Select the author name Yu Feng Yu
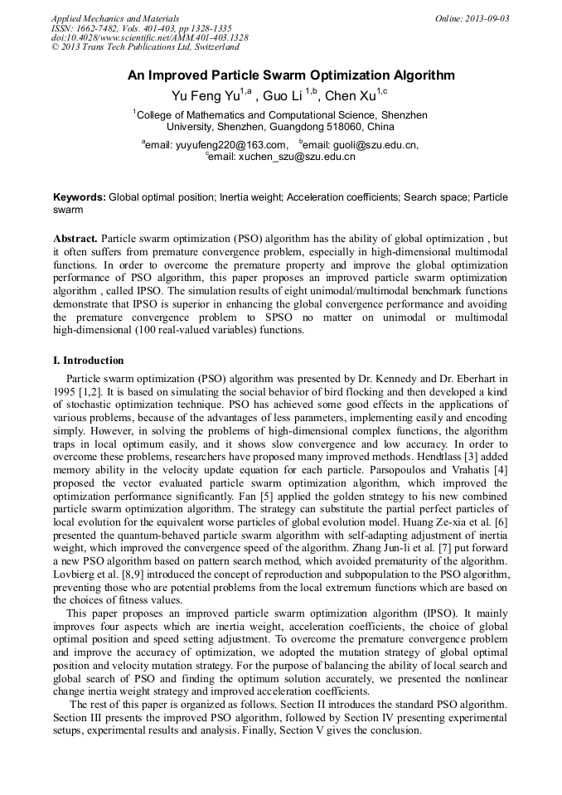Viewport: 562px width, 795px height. coord(205,96)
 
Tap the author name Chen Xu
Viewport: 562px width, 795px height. coord(349,96)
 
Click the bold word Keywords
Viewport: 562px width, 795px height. coord(79,198)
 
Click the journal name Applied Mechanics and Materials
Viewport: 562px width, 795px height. coord(114,18)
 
